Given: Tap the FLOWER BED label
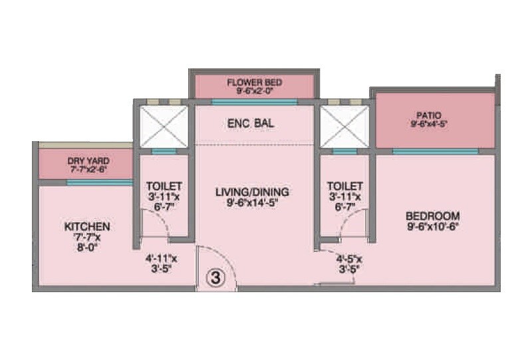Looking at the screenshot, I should (255, 83).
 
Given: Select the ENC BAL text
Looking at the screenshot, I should (251, 124).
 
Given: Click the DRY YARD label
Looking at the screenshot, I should (88, 160).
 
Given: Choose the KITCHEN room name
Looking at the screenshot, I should (87, 226).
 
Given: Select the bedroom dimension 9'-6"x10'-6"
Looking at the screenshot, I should (433, 226).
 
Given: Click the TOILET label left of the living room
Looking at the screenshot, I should (164, 186).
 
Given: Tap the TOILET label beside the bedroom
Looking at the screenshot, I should (346, 186).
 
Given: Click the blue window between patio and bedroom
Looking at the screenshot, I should (435, 152).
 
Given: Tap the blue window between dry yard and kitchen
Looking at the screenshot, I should (99, 182).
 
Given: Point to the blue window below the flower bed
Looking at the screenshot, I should (254, 102).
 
